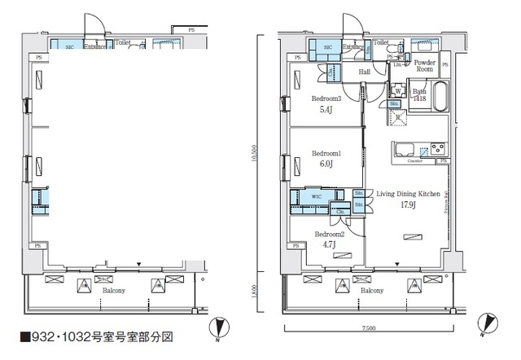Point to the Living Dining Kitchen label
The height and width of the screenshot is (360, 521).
(x=408, y=194)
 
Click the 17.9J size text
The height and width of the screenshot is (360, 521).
(x=408, y=205)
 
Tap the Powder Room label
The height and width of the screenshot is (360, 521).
(x=425, y=66)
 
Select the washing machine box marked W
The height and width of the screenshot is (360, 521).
(x=398, y=90)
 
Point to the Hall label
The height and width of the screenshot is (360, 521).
(x=366, y=73)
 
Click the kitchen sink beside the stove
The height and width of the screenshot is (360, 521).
(x=405, y=149)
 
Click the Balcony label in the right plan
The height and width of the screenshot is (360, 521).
(x=372, y=290)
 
